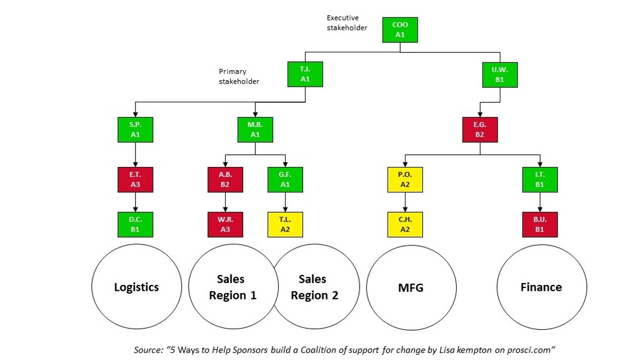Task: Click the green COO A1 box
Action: (400, 30)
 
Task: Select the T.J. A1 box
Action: (305, 74)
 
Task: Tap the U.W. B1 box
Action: (500, 74)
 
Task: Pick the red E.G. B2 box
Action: (480, 130)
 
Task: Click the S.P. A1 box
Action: (136, 130)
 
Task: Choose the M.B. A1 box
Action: (255, 130)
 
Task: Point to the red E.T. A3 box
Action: (136, 180)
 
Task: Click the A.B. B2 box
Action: (225, 180)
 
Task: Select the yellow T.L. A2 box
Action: (285, 224)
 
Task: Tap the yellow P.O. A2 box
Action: (406, 180)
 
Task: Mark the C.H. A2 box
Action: (406, 224)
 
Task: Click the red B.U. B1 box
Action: (540, 224)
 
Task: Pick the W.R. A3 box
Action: (225, 224)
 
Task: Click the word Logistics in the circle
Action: (136, 287)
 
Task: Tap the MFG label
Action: (411, 288)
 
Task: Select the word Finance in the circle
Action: (541, 287)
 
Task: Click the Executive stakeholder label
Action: (347, 23)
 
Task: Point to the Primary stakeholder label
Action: (239, 76)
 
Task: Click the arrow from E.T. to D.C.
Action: (136, 202)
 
